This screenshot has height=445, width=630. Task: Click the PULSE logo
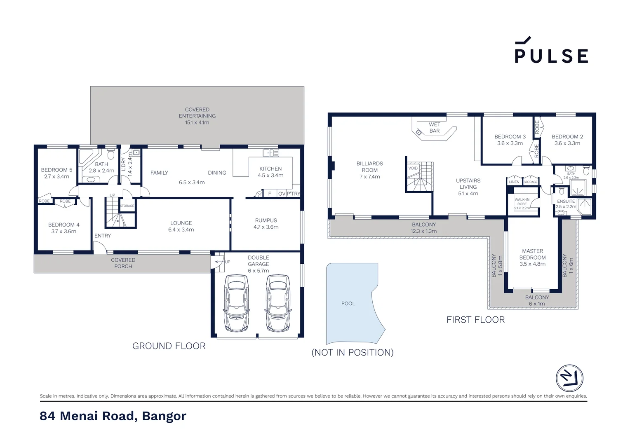point(551,51)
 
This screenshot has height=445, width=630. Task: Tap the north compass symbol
point(569,378)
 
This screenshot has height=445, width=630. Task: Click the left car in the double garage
point(237,303)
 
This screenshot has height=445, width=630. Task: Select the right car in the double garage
point(278,303)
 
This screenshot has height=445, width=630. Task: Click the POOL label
point(348,304)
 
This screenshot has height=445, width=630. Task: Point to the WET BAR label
point(435,128)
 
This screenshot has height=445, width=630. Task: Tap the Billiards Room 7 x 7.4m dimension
point(369,177)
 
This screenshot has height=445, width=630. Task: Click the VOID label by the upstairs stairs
point(413,168)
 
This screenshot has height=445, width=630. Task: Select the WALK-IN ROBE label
point(522,201)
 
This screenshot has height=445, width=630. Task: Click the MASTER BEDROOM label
point(532,254)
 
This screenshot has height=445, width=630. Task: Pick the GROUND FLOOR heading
point(169,346)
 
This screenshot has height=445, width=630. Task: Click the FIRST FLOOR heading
point(475,320)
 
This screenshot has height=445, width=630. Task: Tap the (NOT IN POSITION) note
point(353,353)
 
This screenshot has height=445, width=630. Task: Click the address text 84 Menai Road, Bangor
point(113,416)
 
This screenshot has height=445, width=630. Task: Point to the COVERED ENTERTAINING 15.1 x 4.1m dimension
point(197,122)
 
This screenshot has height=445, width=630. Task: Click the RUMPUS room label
point(266,220)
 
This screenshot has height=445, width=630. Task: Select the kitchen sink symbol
point(271,153)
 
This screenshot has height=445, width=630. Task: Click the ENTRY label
point(102,236)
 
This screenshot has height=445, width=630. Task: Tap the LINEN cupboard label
point(514,182)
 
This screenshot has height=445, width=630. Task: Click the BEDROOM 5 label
point(56,170)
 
